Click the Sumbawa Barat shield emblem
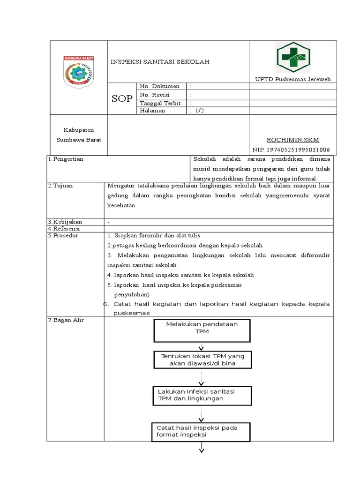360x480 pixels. pyautogui.click(x=79, y=72)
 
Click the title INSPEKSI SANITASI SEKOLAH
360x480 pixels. pyautogui.click(x=160, y=61)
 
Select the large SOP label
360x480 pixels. pyautogui.click(x=122, y=98)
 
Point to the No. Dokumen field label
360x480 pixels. pyautogui.click(x=159, y=86)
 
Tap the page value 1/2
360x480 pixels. pyautogui.click(x=199, y=111)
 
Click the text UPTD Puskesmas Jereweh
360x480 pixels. pyautogui.click(x=293, y=79)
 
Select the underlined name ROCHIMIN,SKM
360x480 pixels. pyautogui.click(x=293, y=140)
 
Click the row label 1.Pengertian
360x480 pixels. pyautogui.click(x=66, y=159)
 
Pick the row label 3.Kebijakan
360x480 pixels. pyautogui.click(x=65, y=222)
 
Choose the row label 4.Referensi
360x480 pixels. pyautogui.click(x=64, y=228)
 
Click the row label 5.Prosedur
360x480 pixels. pyautogui.click(x=63, y=235)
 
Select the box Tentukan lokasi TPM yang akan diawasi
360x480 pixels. pyautogui.click(x=202, y=360)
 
